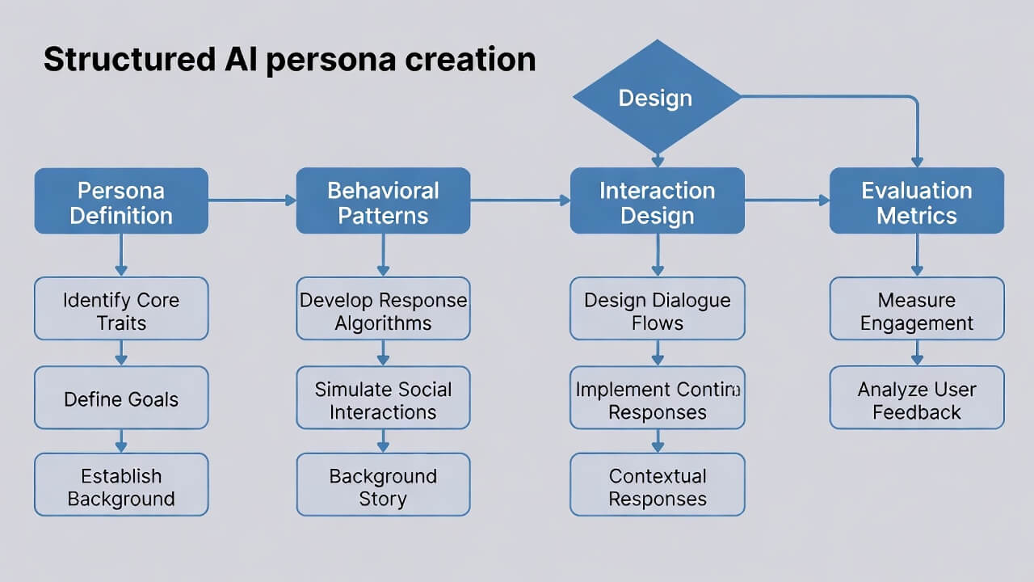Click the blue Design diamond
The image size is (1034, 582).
(657, 98)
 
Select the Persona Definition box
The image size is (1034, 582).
(121, 201)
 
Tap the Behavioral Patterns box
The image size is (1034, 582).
(383, 201)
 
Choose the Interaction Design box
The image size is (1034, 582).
(657, 201)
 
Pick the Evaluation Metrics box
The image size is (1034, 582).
(917, 201)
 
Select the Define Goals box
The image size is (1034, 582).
(121, 398)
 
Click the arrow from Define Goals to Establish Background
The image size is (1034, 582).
(121, 441)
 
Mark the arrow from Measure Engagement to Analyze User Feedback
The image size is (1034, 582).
(917, 352)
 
